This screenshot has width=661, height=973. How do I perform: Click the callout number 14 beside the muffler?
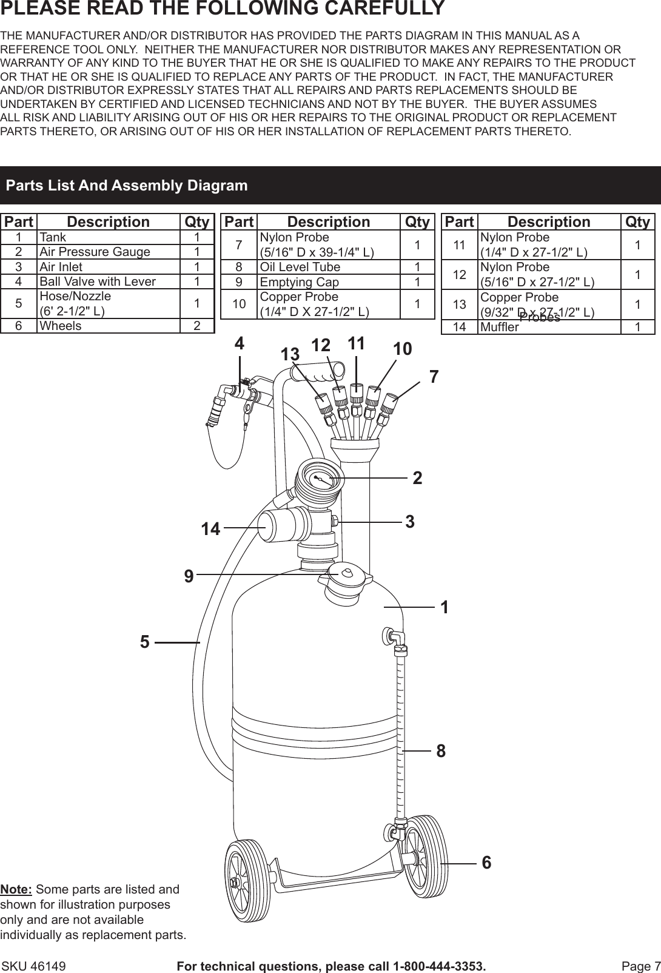click(x=210, y=530)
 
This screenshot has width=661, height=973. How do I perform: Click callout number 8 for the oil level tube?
click(x=441, y=751)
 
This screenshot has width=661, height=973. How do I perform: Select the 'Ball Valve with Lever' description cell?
click(x=97, y=281)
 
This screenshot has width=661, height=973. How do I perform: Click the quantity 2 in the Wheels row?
click(x=197, y=326)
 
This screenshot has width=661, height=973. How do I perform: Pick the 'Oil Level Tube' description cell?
click(x=300, y=267)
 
